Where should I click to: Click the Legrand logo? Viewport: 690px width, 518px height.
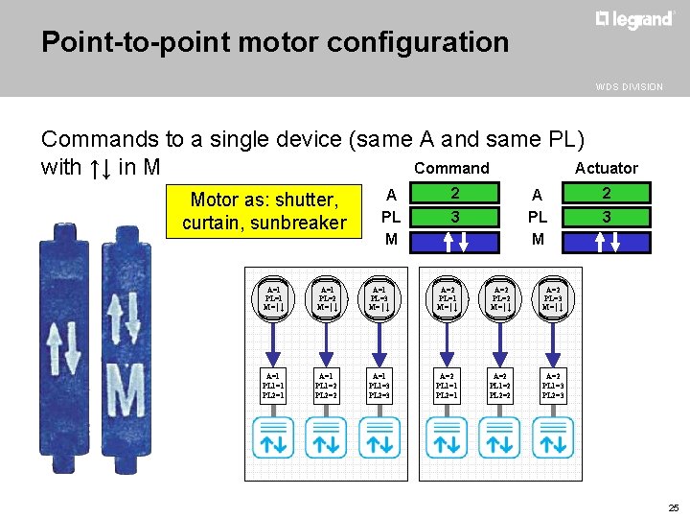coord(634,20)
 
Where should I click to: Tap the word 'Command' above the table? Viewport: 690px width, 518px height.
coord(451,169)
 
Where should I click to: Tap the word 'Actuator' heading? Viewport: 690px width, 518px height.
coord(606,169)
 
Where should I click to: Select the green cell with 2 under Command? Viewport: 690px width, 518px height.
coord(455,195)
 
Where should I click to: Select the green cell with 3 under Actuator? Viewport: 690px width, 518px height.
coord(607,218)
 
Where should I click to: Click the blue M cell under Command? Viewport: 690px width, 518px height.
coord(455,240)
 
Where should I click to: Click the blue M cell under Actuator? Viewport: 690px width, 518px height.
coord(607,240)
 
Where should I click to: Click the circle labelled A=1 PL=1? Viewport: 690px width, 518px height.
coord(273,298)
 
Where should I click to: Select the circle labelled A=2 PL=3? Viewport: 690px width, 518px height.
coord(553,298)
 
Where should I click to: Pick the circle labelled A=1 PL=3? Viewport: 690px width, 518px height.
coord(380,298)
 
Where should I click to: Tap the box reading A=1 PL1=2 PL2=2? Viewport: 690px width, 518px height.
coord(326,386)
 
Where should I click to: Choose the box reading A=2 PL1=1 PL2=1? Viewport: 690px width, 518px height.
coord(447,386)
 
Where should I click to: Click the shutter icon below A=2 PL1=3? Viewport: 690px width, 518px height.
coord(553,437)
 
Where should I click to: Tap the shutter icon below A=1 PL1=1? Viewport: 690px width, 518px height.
coord(273,437)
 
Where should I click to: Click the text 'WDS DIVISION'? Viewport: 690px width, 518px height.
coord(629,86)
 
